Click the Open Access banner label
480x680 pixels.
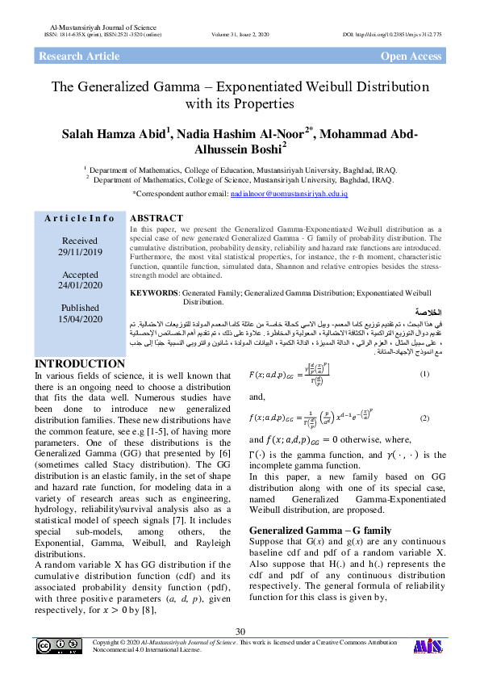point(411,57)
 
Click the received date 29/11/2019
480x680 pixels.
point(80,253)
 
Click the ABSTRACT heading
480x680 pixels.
point(157,218)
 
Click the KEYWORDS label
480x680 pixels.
point(153,292)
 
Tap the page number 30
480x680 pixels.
point(240,631)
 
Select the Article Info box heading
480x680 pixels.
point(80,219)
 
